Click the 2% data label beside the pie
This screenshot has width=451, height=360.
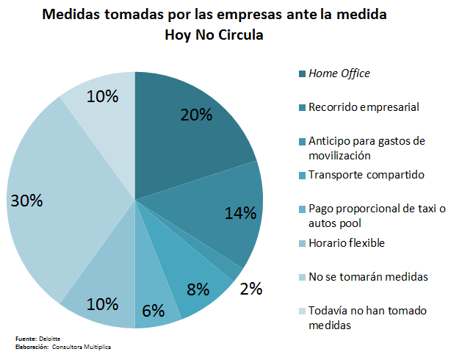251,288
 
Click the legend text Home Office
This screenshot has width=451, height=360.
339,73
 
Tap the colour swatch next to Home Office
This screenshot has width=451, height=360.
302,73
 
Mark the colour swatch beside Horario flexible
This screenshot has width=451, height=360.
302,243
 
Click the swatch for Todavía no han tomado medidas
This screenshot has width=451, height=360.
302,311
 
